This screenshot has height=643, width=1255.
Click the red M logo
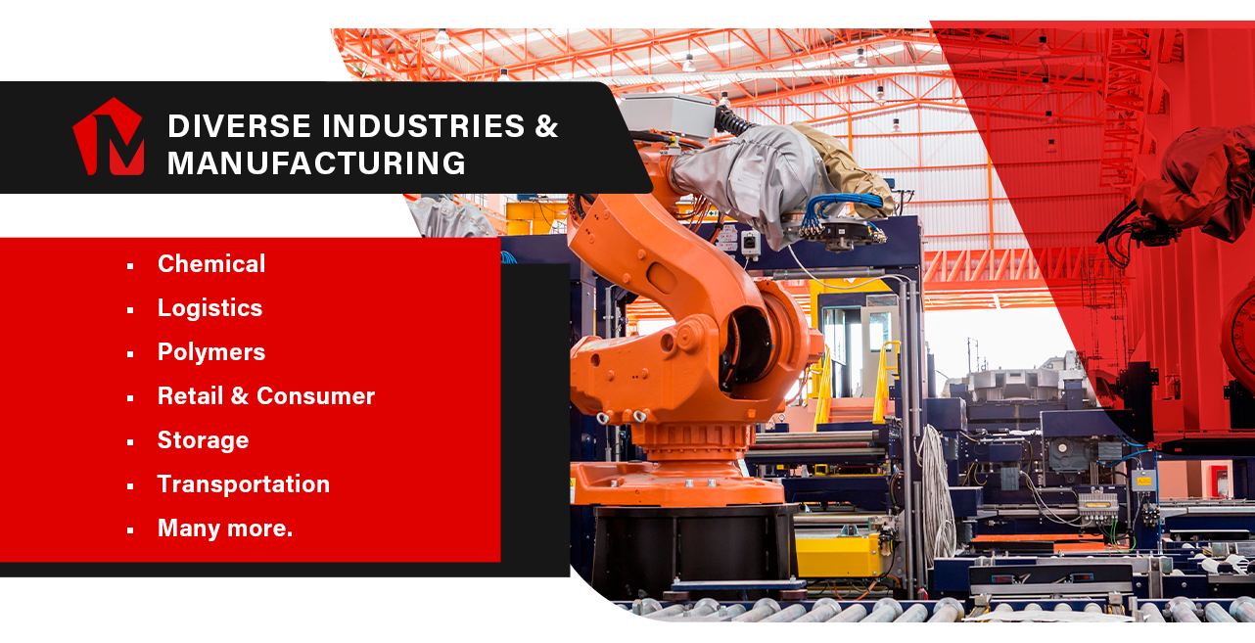click(109, 137)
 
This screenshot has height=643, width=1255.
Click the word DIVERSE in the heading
click(239, 125)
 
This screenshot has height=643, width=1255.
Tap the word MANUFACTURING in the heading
click(316, 163)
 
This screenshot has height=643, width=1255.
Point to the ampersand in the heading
click(546, 125)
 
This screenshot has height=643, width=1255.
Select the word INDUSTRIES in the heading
click(424, 125)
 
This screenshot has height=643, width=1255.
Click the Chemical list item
click(211, 264)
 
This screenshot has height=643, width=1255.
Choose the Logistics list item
click(210, 308)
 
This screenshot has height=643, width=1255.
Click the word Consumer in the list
click(315, 396)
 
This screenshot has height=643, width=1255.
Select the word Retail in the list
click(191, 396)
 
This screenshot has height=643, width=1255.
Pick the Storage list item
click(203, 440)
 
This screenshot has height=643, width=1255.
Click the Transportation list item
click(244, 484)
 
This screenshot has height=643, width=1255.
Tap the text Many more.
click(225, 528)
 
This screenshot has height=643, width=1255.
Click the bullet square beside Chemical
click(130, 266)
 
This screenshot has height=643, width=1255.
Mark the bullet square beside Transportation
click(130, 486)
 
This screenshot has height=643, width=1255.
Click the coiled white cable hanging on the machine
click(935, 493)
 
